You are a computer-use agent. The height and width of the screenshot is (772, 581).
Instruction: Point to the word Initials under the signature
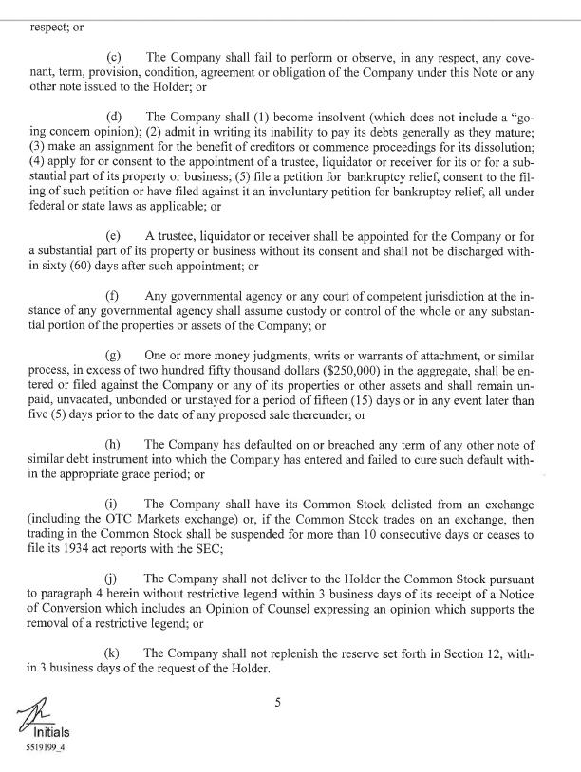51,732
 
